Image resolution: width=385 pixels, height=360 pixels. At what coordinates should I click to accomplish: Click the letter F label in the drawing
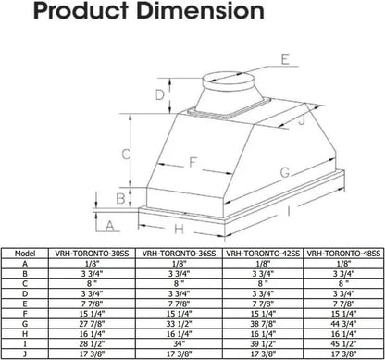click(x=192, y=162)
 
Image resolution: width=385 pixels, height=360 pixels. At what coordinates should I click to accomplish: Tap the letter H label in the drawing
click(x=180, y=228)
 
